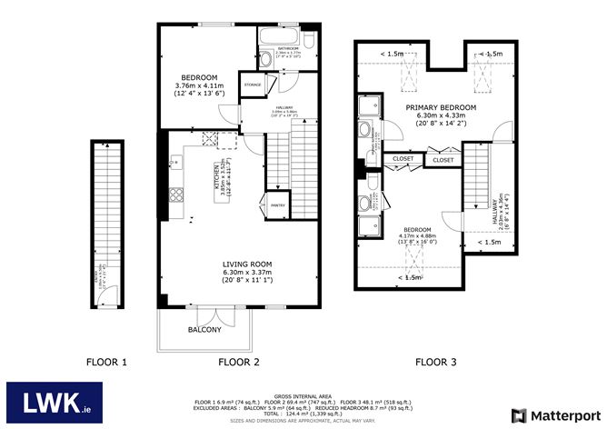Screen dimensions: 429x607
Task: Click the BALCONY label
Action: (204, 329)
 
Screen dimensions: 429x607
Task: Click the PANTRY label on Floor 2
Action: (277, 205)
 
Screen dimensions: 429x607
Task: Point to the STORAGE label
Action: (253, 85)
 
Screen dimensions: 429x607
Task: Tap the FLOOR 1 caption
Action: (106, 362)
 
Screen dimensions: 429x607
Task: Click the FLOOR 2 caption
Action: (240, 362)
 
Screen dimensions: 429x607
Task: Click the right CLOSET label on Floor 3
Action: (443, 160)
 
